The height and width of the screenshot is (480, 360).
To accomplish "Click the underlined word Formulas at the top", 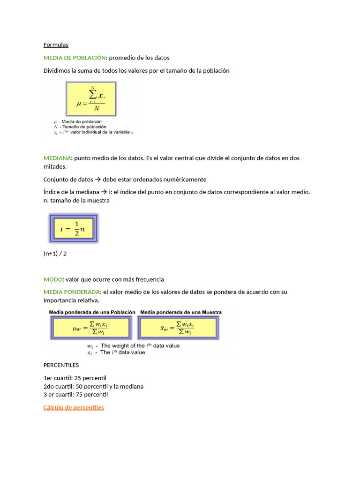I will click(x=56, y=45).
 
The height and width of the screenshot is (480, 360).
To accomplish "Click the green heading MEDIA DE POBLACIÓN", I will click(x=75, y=58).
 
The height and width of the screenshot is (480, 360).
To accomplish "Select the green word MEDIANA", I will click(x=57, y=158).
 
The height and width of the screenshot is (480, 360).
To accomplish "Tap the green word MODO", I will click(x=53, y=279).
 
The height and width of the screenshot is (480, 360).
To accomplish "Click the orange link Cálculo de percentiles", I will click(x=74, y=407).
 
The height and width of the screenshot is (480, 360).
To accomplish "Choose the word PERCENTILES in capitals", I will click(x=61, y=365).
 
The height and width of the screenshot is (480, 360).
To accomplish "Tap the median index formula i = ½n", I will click(x=74, y=229).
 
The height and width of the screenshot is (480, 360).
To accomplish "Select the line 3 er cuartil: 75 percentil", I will click(x=75, y=395).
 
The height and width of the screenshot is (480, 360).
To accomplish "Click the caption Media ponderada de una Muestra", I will click(x=181, y=312).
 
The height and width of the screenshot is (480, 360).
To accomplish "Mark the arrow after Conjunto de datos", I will click(x=98, y=180).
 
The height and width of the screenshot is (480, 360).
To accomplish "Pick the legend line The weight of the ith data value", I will click(x=140, y=346).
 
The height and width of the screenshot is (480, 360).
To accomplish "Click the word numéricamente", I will click(x=182, y=180).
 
